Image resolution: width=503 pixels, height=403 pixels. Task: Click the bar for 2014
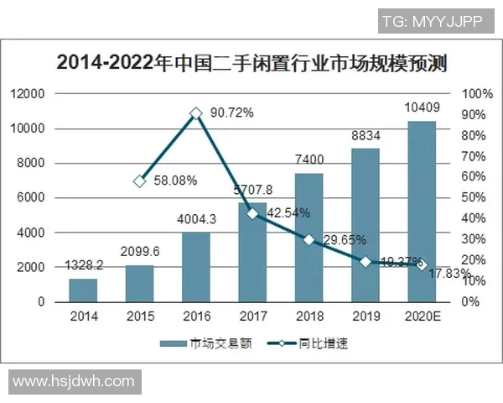pyautogui.click(x=83, y=290)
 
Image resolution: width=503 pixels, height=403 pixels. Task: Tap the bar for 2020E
pyautogui.click(x=422, y=211)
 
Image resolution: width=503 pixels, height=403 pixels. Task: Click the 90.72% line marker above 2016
pyautogui.click(x=196, y=113)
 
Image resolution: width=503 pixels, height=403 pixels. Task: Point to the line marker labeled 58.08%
pyautogui.click(x=140, y=181)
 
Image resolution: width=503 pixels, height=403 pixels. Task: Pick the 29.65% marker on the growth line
pyautogui.click(x=309, y=239)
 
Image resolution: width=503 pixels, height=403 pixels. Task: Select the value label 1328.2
pyautogui.click(x=83, y=264)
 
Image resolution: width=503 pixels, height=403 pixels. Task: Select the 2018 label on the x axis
pyautogui.click(x=309, y=317)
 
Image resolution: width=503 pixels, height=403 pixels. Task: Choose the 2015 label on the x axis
pyautogui.click(x=140, y=317)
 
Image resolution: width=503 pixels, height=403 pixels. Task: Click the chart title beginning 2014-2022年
pyautogui.click(x=251, y=63)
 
